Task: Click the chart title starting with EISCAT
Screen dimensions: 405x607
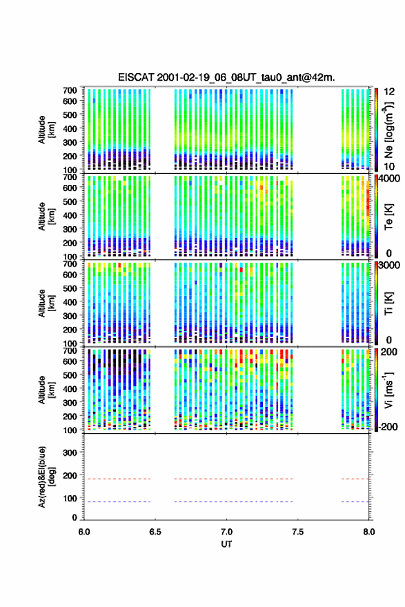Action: point(226,77)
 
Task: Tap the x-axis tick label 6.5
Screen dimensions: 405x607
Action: point(155,532)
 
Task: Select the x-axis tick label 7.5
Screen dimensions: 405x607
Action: point(297,532)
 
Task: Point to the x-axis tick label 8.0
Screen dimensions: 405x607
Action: point(369,532)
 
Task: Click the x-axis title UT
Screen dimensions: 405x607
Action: point(226,544)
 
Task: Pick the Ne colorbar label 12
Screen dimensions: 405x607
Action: point(389,92)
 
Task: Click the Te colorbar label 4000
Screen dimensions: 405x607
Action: point(389,179)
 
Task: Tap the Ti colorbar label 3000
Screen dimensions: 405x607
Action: point(389,265)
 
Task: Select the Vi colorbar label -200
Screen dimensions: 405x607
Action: point(388,426)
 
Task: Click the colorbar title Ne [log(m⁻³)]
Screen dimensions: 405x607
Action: point(388,130)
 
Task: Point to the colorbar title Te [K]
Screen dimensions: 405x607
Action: point(388,217)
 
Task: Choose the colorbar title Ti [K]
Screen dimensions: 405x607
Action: point(388,303)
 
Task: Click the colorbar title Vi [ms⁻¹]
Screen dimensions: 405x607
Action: point(388,390)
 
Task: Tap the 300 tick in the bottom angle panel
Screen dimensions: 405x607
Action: point(70,452)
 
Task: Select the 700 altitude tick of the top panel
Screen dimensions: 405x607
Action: point(70,90)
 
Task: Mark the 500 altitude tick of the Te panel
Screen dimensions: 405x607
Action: point(70,201)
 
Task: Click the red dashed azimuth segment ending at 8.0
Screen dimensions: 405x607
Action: point(355,479)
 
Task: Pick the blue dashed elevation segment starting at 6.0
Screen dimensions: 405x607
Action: point(117,501)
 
